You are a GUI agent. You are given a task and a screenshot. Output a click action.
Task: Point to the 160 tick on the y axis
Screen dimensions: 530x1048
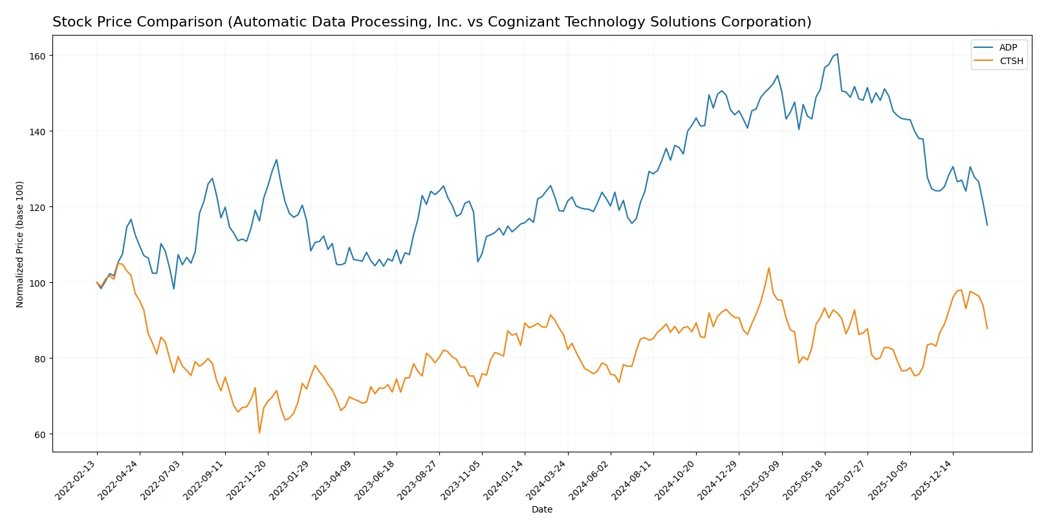[38, 56]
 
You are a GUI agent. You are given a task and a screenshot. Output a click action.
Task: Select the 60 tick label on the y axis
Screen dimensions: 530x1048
[40, 434]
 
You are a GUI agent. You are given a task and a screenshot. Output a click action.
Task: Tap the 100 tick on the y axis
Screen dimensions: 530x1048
[38, 283]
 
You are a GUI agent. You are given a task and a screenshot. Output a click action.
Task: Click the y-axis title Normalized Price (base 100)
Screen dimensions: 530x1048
[20, 244]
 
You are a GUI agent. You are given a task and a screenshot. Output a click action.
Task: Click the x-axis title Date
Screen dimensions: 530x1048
[541, 509]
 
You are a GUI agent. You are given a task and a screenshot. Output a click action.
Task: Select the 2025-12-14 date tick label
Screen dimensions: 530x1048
[932, 480]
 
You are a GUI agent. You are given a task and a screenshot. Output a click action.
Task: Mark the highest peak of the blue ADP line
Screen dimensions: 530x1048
[837, 54]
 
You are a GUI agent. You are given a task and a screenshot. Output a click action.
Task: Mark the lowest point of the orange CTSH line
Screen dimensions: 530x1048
[259, 432]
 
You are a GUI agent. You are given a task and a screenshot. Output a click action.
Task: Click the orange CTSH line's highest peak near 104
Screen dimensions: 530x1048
[769, 268]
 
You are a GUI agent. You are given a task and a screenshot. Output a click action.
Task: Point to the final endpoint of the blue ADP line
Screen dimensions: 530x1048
[987, 225]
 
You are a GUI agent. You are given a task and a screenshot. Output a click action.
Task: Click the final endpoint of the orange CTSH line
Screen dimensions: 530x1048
[987, 329]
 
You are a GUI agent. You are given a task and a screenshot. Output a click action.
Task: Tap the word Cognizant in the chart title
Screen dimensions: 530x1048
[519, 22]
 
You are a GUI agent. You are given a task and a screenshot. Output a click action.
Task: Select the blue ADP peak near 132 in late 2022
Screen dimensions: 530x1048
[276, 160]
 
